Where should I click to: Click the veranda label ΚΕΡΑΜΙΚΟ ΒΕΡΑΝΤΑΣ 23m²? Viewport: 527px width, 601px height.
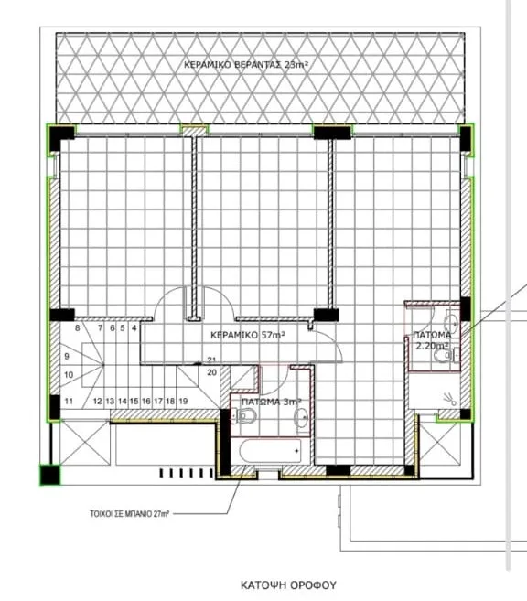coord(246,64)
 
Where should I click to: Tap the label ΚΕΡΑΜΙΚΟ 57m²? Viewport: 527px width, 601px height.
coord(248,335)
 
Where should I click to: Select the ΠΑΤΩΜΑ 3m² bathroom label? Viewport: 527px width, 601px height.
coord(272,402)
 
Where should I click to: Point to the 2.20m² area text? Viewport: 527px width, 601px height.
coord(433,346)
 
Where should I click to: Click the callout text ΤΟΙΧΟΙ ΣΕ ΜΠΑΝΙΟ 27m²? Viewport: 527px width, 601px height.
coord(130,513)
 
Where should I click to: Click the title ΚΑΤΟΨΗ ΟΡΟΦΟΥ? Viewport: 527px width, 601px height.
coord(288,585)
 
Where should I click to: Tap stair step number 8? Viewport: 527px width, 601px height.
coord(78,327)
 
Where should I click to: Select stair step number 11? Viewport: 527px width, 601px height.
coord(69,402)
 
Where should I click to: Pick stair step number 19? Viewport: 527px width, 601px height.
coord(183,402)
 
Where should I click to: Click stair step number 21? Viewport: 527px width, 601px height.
coord(211,360)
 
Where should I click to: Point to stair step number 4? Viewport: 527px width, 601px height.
coord(134,327)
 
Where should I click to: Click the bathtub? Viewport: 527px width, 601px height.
coord(271,451)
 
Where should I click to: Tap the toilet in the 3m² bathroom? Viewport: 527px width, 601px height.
coord(246,416)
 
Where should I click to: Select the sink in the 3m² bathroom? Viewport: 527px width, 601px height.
coord(302,417)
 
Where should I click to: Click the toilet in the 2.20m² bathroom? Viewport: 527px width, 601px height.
coord(445,356)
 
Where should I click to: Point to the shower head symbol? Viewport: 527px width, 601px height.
coord(450,399)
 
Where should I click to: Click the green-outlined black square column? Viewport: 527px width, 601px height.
coord(50,475)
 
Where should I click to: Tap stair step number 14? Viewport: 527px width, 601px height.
coord(123,402)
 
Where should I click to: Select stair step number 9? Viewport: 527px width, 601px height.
coord(67,356)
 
